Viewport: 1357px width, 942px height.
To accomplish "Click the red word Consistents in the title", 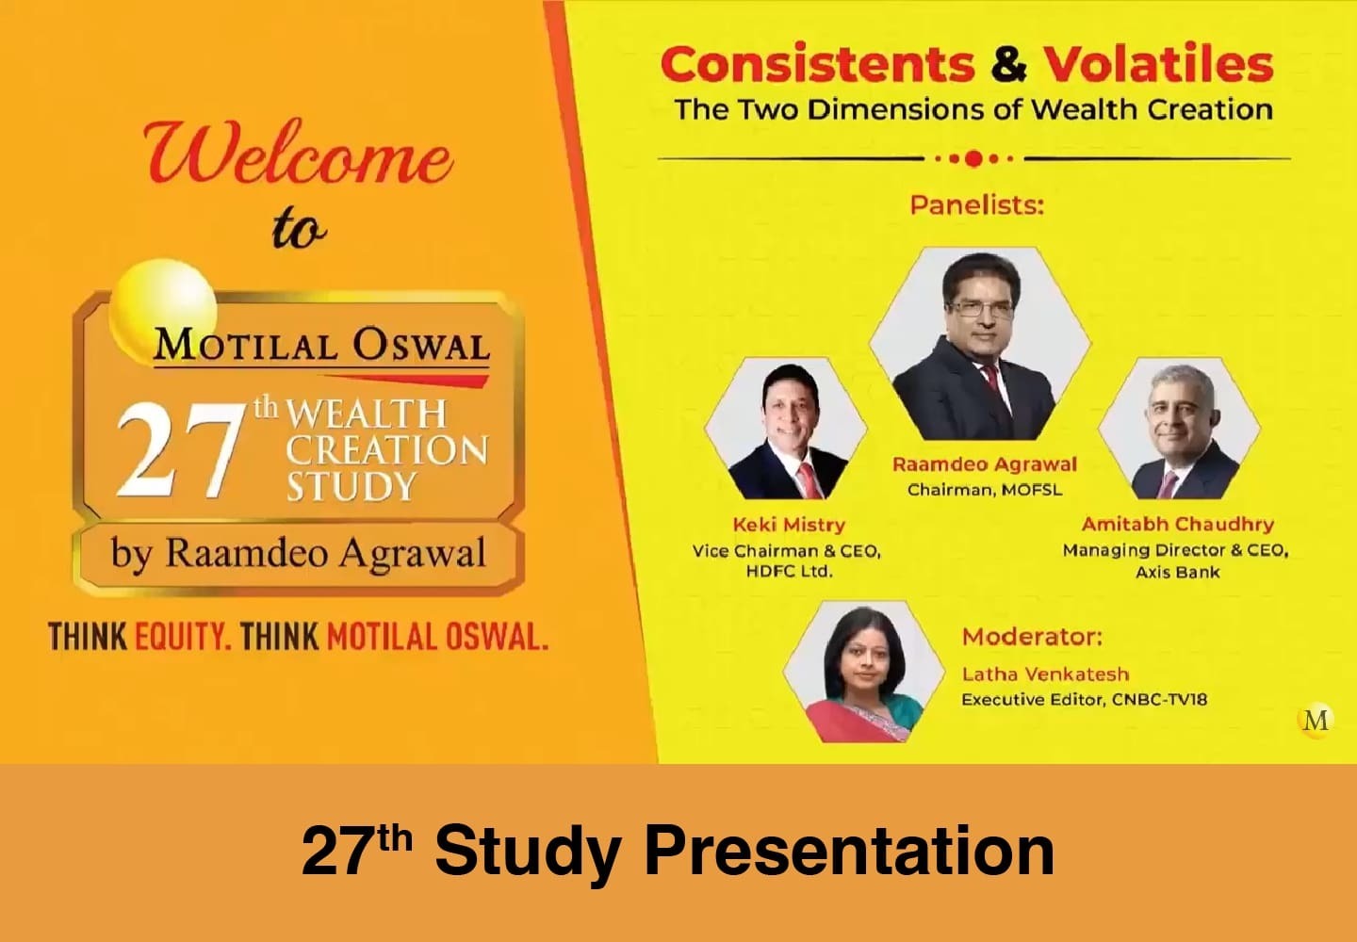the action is [x=817, y=64].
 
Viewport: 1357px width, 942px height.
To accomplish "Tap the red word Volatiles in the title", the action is [x=1158, y=63].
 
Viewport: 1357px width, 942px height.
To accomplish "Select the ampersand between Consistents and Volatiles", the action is [x=1008, y=64].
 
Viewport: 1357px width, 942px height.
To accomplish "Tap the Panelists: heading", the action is [x=977, y=206].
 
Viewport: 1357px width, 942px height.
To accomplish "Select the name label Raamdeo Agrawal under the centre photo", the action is [x=985, y=464].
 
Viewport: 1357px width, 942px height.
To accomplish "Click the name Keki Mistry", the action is [x=789, y=525].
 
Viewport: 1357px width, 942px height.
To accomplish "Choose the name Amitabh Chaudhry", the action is [x=1178, y=525].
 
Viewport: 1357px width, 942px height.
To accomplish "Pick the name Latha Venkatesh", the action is [x=1046, y=674].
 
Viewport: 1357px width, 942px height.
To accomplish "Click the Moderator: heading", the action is [x=1032, y=637].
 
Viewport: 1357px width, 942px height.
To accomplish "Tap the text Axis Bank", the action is [x=1178, y=572].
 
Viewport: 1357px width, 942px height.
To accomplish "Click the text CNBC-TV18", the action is [x=1159, y=700].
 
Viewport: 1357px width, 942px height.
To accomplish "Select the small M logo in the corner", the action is [x=1316, y=721].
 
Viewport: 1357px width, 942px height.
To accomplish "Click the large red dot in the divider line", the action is [x=973, y=159].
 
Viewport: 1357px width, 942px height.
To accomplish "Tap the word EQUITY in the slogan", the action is [x=183, y=637].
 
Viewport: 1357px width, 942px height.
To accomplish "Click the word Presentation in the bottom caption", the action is [x=849, y=851].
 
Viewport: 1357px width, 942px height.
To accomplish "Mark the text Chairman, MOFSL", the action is [x=985, y=490].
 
